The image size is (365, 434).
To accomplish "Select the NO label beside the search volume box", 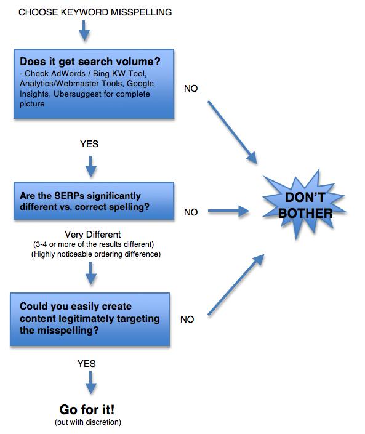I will click(x=191, y=89).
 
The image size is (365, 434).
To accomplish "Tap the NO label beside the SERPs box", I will click(x=191, y=212).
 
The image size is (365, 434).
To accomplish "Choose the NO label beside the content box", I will click(x=188, y=319).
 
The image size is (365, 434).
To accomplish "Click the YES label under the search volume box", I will click(x=89, y=144).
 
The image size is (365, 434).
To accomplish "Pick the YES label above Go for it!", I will click(x=87, y=364).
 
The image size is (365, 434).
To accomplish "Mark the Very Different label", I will click(x=91, y=235).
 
